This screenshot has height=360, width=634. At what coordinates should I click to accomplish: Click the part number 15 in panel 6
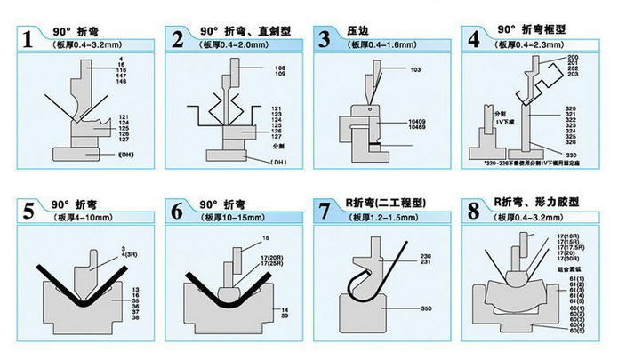[265, 238]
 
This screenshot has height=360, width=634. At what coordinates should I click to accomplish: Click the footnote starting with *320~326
[541, 165]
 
